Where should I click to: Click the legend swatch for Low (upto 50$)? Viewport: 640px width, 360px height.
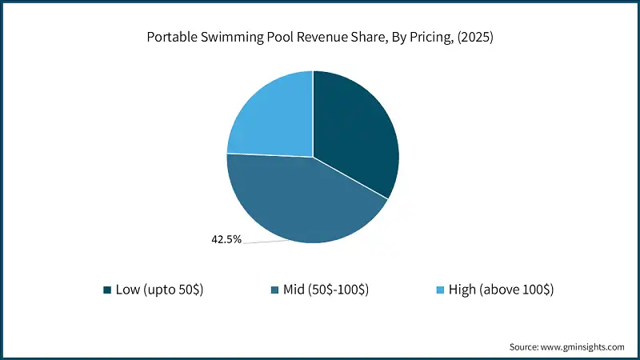click(x=107, y=289)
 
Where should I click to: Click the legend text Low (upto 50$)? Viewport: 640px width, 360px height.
click(x=161, y=289)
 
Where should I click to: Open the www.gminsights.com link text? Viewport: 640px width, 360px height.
click(x=585, y=346)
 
